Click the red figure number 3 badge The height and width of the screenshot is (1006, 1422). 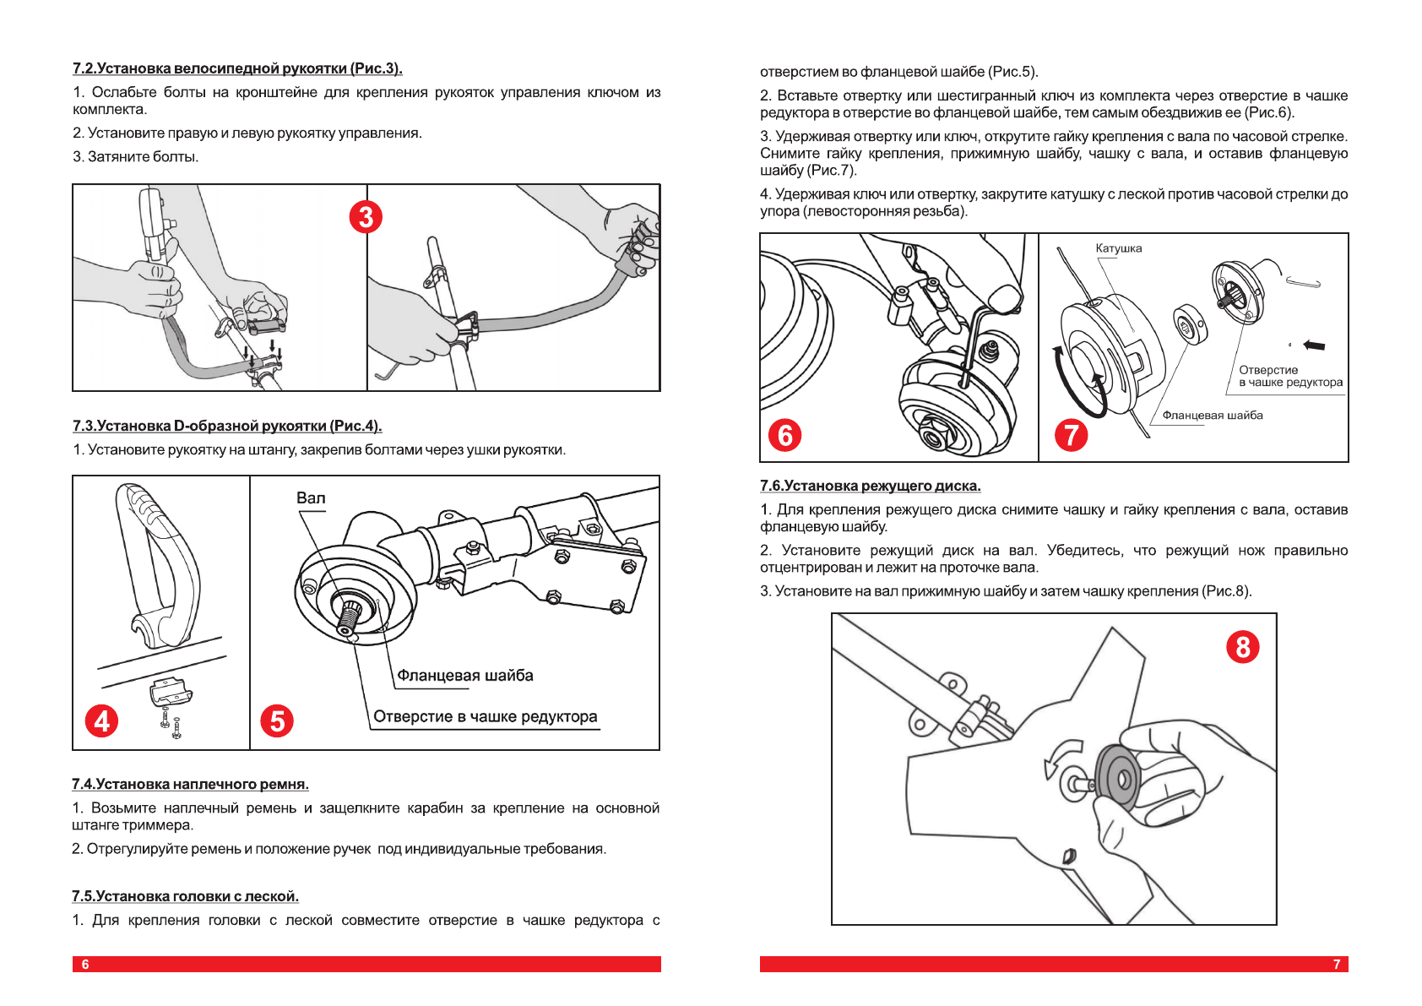tap(366, 217)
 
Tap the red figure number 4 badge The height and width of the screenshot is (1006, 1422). tap(101, 721)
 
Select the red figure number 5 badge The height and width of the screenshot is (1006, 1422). tap(277, 721)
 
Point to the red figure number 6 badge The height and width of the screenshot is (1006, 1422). tap(784, 435)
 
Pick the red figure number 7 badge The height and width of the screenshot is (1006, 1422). tap(1072, 435)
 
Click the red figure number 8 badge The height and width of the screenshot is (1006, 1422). tap(1242, 647)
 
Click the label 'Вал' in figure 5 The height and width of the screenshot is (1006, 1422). tap(311, 498)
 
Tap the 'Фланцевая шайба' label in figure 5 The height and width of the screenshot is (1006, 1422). tap(465, 676)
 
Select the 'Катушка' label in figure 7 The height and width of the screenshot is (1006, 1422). tap(1118, 248)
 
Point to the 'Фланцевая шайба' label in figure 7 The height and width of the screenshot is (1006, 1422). tap(1213, 416)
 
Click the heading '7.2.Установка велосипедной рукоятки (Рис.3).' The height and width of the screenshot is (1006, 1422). tap(237, 68)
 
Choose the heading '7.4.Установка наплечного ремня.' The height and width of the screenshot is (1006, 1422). tap(190, 785)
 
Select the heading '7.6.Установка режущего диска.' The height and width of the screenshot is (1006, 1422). tap(870, 487)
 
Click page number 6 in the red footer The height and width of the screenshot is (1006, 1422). tap(85, 965)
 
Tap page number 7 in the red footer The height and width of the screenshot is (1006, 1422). tap(1336, 965)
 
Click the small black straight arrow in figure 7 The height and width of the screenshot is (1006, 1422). tap(1314, 345)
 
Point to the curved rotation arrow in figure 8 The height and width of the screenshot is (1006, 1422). tap(1061, 755)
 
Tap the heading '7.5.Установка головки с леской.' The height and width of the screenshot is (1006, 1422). tap(185, 897)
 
